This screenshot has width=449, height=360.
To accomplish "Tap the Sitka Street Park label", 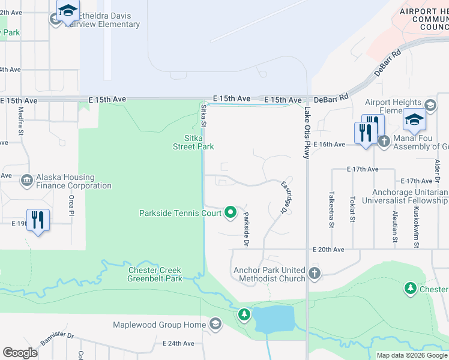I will [193, 142].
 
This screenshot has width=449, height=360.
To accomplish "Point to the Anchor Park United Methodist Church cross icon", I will [314, 274].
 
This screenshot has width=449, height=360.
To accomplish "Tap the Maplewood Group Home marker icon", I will [215, 325].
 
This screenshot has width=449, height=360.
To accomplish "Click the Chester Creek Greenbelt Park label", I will [155, 275].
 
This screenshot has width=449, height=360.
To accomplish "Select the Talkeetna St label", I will [331, 209].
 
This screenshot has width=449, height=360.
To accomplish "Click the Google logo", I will [20, 353].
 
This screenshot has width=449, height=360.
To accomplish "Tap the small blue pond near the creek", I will [274, 318].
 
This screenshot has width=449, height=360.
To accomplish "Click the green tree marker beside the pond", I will [244, 314].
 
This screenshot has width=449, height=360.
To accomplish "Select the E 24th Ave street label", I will [178, 344].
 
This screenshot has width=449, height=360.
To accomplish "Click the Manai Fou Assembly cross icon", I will [384, 140].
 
